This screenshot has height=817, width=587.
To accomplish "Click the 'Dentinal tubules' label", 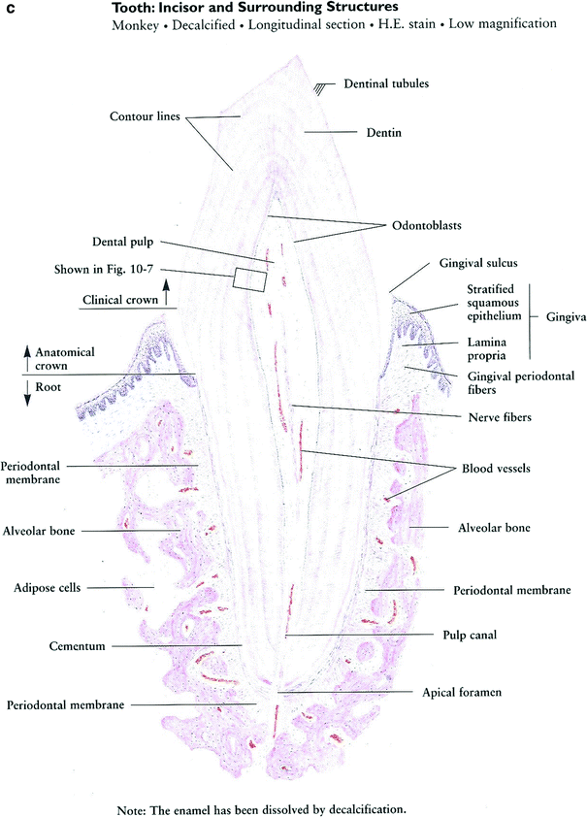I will [386, 84].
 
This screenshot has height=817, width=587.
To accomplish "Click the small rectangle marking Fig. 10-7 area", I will [249, 278].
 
